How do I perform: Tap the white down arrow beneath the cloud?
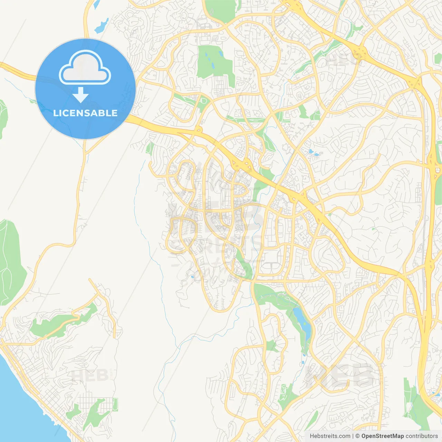[x=80, y=95]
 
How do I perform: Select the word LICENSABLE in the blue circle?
[x=85, y=113]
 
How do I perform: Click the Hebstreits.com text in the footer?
[x=330, y=436]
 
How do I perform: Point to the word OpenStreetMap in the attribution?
[x=382, y=436]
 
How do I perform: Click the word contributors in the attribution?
[x=422, y=436]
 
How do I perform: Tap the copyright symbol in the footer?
[x=357, y=436]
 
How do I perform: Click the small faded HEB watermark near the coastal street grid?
[x=90, y=375]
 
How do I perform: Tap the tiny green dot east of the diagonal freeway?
[x=373, y=229]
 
